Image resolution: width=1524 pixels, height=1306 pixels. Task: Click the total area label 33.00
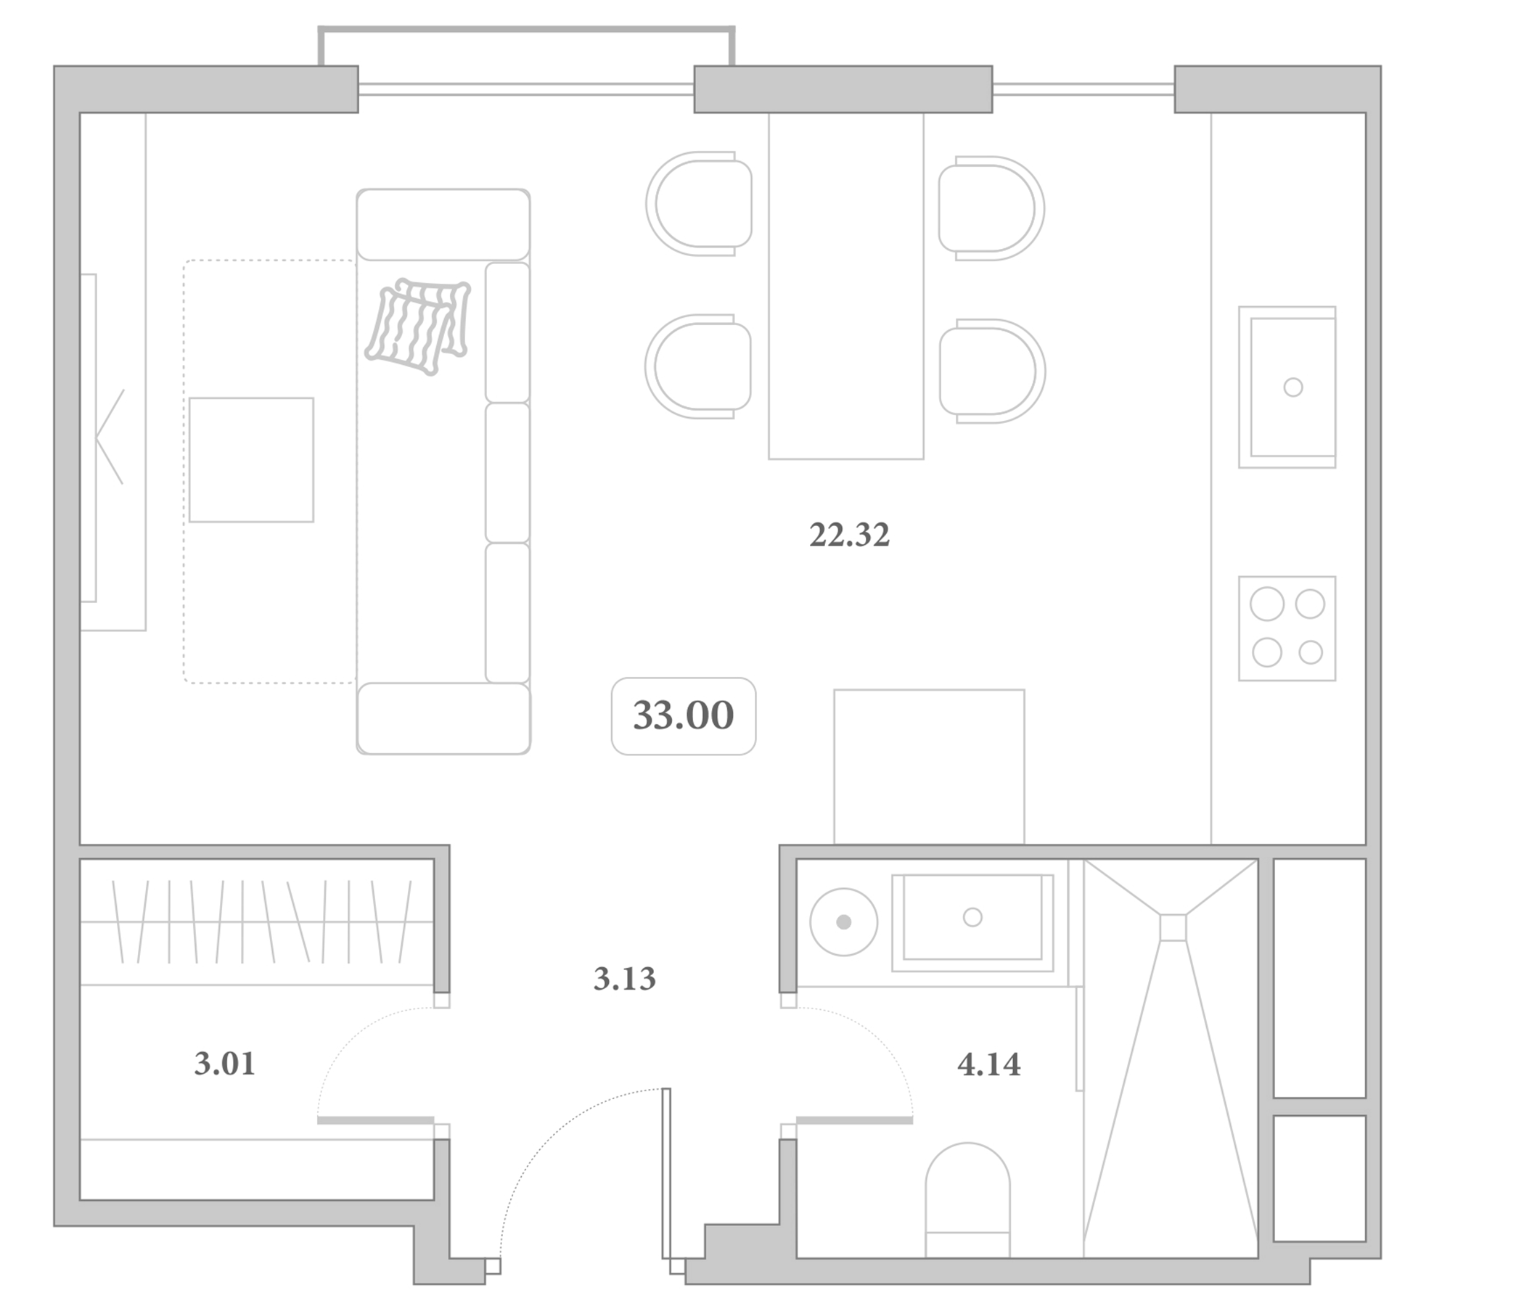tap(684, 715)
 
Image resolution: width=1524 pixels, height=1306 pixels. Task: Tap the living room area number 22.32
tap(850, 535)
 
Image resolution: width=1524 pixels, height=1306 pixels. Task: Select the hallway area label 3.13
tap(624, 979)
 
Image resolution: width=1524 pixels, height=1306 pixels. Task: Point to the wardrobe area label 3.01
tap(224, 1064)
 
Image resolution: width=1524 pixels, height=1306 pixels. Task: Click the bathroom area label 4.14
tap(989, 1064)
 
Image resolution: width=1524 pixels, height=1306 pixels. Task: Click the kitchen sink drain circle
tap(1293, 387)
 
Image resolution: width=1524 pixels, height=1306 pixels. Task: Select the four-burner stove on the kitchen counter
tap(1287, 629)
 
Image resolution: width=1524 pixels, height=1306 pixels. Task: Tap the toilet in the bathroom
tap(968, 1199)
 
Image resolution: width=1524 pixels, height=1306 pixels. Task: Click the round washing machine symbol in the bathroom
tap(843, 922)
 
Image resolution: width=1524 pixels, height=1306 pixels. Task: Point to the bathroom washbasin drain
tap(972, 917)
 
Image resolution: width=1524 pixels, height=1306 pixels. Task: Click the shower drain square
tap(1173, 927)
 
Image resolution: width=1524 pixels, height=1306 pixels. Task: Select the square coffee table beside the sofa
tap(252, 459)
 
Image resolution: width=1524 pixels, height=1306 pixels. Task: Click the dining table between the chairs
tap(846, 286)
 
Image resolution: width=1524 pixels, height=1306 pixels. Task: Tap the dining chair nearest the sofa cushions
tap(698, 366)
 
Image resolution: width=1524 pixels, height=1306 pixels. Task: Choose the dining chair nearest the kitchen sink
tap(992, 371)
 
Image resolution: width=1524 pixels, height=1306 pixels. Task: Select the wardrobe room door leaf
tap(375, 1120)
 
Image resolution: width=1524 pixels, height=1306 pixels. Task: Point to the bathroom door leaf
tap(855, 1120)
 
